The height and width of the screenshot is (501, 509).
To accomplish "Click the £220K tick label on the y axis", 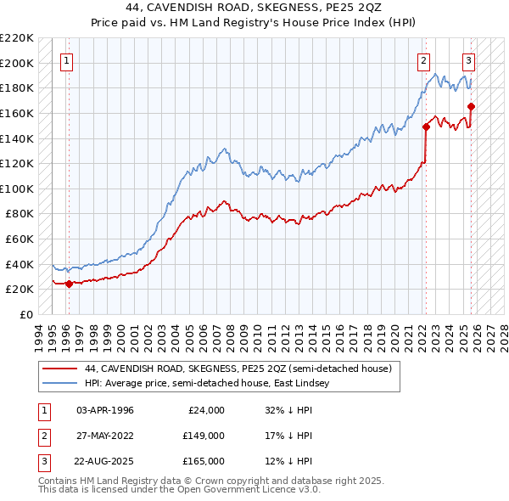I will [17, 38].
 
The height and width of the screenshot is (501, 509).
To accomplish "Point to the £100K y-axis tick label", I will [17, 189].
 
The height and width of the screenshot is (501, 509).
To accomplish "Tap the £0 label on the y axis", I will [25, 314].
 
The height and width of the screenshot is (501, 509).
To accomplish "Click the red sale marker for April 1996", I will [69, 284].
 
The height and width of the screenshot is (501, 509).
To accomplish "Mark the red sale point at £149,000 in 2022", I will [426, 127].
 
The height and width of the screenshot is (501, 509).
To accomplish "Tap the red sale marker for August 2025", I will [471, 107].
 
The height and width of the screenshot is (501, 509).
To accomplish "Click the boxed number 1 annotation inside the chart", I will [66, 60].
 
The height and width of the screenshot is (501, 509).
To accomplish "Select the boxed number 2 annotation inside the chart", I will [422, 60].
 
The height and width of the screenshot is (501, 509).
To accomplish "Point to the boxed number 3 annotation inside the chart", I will [467, 60].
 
